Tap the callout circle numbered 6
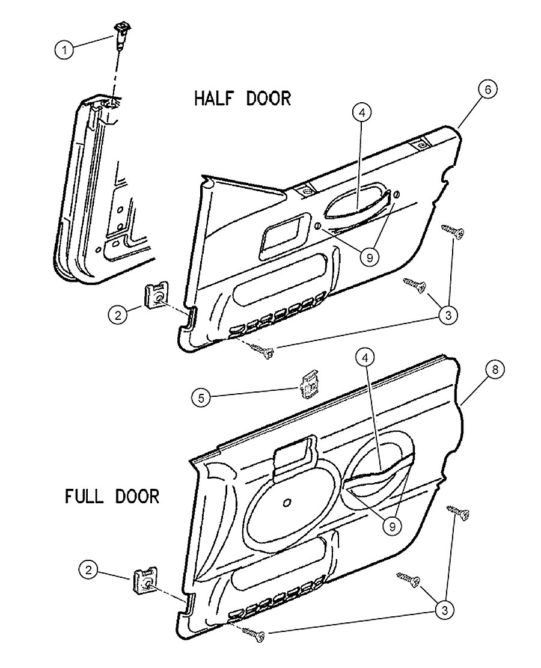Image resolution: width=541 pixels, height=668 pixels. pyautogui.click(x=488, y=90)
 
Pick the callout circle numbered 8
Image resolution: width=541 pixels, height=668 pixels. pyautogui.click(x=494, y=370)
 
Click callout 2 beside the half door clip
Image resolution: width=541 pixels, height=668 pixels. pyautogui.click(x=119, y=313)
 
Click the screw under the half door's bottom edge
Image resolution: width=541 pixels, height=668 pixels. pyautogui.click(x=263, y=352)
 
